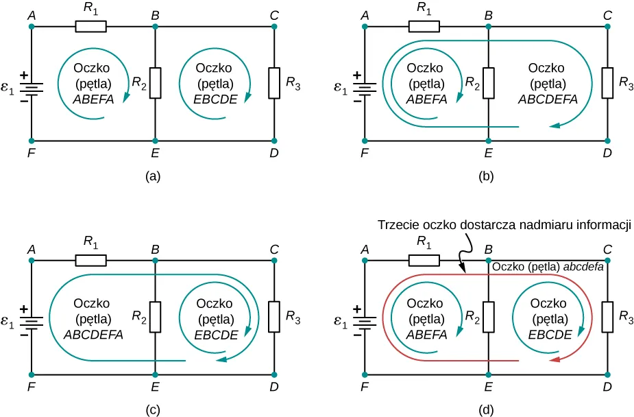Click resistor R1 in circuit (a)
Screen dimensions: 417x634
click(x=90, y=27)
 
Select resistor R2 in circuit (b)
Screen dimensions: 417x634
click(x=487, y=83)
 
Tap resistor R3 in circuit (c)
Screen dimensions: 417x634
click(x=273, y=317)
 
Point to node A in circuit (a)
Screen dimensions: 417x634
click(x=32, y=27)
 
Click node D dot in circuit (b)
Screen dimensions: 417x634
click(x=607, y=141)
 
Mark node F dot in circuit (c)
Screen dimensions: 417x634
click(x=32, y=374)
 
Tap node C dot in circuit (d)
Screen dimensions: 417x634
click(x=607, y=261)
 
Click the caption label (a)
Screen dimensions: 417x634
click(x=154, y=176)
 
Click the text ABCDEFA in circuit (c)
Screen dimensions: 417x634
click(x=93, y=335)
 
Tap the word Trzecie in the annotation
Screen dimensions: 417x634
click(x=395, y=225)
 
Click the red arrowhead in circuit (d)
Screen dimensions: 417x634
click(x=557, y=359)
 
